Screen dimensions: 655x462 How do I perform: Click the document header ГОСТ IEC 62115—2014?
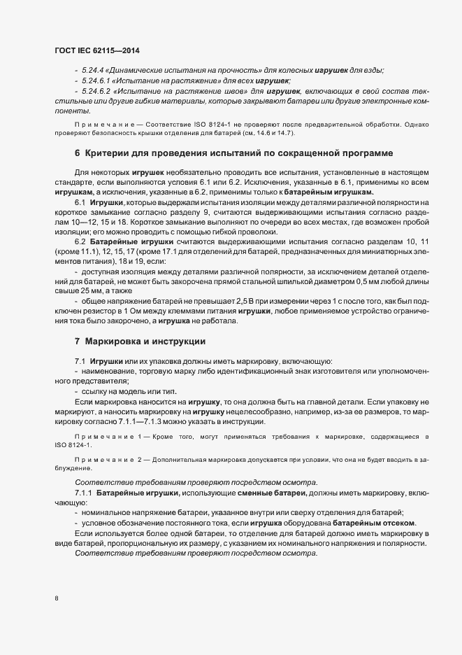[x=101, y=52]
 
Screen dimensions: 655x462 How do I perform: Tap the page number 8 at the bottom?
[x=56, y=598]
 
